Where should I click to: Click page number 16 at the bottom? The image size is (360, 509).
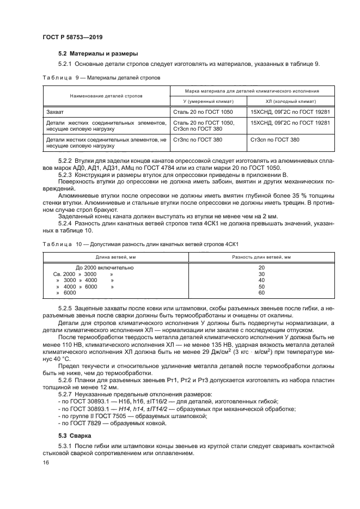pyautogui.click(x=46, y=462)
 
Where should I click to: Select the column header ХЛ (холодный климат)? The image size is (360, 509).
pyautogui.click(x=283, y=102)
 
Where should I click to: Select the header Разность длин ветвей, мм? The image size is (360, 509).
pyautogui.click(x=261, y=256)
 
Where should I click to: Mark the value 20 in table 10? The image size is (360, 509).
pyautogui.click(x=261, y=268)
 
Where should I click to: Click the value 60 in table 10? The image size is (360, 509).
pyautogui.click(x=261, y=293)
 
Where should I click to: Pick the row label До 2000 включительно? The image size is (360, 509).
pyautogui.click(x=105, y=268)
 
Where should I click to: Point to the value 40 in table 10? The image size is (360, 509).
pyautogui.click(x=261, y=280)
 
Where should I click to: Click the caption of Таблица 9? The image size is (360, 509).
pyautogui.click(x=102, y=78)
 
